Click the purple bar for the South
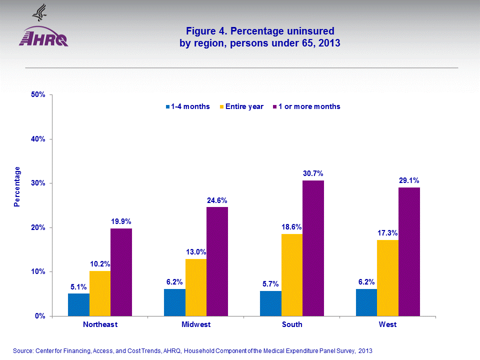pos(313,248)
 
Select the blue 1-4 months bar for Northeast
pos(79,304)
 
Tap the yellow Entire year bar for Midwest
pos(196,287)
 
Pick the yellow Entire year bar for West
pos(387,277)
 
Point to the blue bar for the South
pos(270,303)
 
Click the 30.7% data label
pos(313,173)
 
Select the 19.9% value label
pos(121,221)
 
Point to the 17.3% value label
pos(387,232)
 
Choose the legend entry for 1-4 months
pos(188,106)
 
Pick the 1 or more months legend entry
pos(306,106)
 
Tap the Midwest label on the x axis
pos(196,324)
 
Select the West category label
pos(387,324)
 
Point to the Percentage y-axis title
pos(17,186)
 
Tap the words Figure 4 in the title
pos(204,31)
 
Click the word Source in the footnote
pos(23,351)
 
